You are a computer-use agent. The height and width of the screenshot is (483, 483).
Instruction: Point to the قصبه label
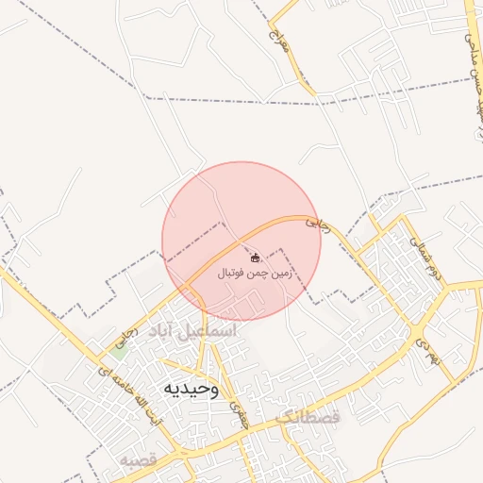click(137, 460)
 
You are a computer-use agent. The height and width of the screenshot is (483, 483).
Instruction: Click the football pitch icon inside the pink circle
click(255, 257)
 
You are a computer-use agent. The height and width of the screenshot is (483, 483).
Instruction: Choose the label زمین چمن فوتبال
click(256, 274)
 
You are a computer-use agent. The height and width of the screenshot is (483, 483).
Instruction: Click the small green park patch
click(119, 347)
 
